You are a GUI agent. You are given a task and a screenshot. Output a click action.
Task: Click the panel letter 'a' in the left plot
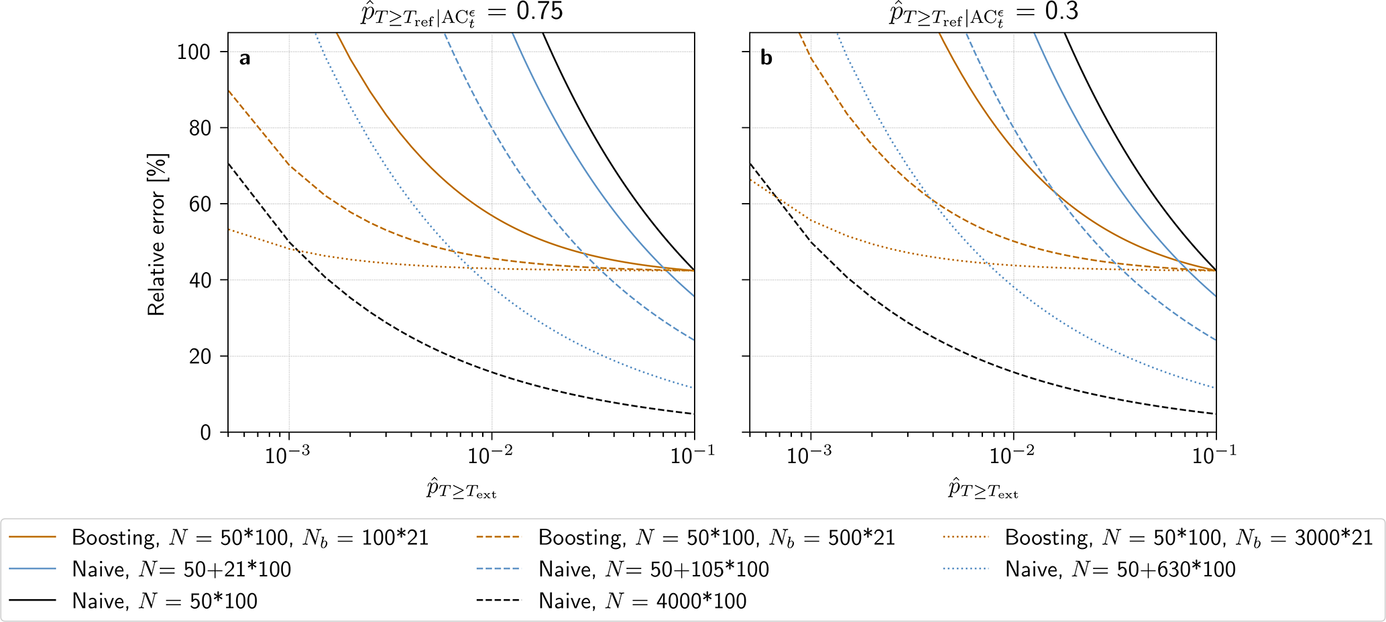point(245,59)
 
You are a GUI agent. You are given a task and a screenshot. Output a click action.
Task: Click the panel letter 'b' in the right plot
point(766,58)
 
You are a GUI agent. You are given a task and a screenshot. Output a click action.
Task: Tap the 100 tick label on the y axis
point(193,52)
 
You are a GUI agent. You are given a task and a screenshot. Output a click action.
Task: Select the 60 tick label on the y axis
point(199,204)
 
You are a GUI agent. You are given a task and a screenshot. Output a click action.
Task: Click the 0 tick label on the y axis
point(205,432)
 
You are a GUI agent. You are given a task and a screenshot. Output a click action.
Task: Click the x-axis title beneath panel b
point(983,489)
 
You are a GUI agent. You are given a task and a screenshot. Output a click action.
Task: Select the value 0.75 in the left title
point(540,11)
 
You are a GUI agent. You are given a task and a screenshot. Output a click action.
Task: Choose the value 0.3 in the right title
point(1061,11)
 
